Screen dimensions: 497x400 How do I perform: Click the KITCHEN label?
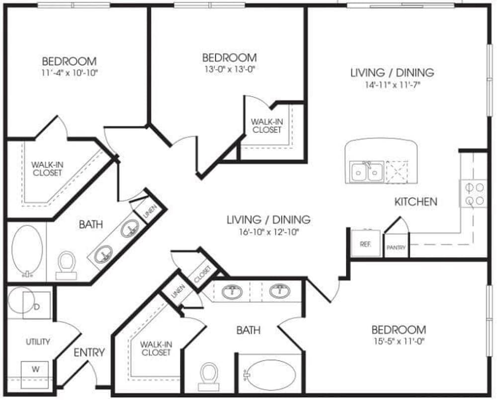(416, 201)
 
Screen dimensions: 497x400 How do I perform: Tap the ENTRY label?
(89, 352)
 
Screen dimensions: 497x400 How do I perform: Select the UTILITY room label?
(38, 342)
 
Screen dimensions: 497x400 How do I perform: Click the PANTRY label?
(396, 248)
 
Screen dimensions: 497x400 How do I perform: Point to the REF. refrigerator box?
(366, 243)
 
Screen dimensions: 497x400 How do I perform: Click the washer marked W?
(35, 375)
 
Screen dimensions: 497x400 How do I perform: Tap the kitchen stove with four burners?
(473, 194)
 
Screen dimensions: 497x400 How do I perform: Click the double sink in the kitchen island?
(367, 172)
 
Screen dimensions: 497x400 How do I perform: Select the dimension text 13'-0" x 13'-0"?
(230, 69)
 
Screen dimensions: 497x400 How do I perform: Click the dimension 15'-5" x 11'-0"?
(399, 341)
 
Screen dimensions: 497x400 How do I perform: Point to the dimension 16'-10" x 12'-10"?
(268, 232)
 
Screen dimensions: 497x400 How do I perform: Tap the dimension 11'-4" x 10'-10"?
(70, 73)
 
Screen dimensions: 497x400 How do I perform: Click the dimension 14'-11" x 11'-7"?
(393, 85)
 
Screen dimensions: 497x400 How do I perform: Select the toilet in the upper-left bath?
(67, 265)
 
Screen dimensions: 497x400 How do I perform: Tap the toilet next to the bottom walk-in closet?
(209, 377)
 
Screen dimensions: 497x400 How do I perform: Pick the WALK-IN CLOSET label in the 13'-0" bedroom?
(267, 126)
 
